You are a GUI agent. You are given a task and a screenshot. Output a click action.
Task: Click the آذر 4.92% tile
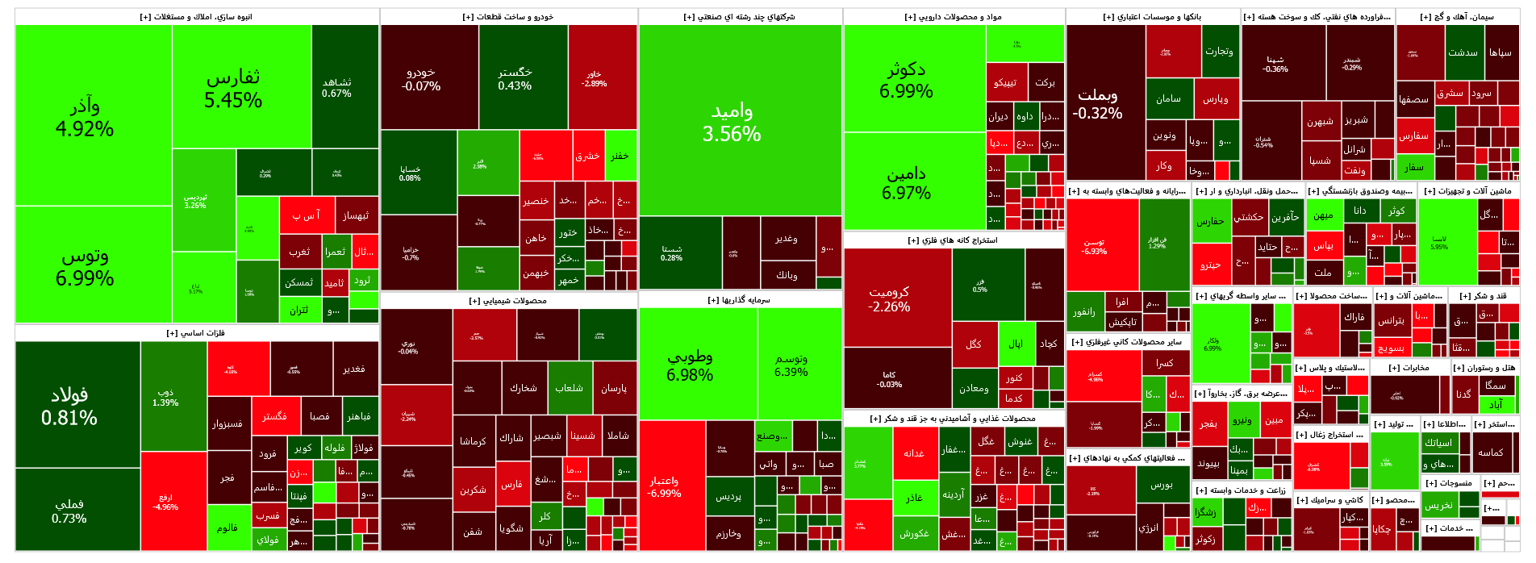[85, 117]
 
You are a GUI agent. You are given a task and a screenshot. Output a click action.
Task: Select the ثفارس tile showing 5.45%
[233, 88]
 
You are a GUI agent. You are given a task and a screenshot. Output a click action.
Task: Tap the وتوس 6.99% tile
[85, 266]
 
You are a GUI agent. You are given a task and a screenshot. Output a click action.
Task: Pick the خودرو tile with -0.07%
[421, 78]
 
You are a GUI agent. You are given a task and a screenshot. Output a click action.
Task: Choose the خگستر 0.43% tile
[515, 78]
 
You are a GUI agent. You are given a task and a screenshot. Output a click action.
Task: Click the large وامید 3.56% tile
[732, 122]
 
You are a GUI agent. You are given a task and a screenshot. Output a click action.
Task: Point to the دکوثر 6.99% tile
[906, 80]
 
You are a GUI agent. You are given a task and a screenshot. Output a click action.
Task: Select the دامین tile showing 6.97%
[906, 182]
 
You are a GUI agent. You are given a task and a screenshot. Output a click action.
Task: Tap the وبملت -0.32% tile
[1097, 103]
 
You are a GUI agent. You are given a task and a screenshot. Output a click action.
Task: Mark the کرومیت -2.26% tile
[889, 298]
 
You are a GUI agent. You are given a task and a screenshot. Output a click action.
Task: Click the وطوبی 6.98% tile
[690, 365]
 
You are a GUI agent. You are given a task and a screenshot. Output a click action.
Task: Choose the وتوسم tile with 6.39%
[791, 365]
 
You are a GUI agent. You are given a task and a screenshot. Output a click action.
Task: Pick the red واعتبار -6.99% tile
[665, 486]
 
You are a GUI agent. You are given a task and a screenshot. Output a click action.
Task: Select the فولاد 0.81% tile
[69, 406]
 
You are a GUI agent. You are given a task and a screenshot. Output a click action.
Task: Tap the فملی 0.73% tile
[69, 511]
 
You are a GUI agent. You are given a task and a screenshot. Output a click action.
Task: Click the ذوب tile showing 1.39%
[165, 397]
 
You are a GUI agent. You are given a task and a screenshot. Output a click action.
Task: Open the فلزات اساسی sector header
[196, 333]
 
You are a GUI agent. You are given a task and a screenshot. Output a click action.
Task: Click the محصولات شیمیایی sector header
[507, 301]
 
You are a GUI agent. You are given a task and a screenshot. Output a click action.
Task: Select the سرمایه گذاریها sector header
[739, 300]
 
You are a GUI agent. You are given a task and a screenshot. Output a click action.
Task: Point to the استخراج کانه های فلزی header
[953, 240]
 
